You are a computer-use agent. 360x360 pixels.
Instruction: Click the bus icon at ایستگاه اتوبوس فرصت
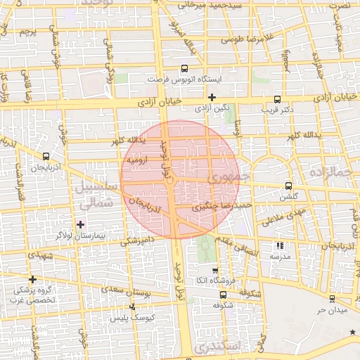coord(185,69)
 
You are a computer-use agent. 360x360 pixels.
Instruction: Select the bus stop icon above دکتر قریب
coord(277,99)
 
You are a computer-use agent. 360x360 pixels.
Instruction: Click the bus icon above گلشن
coord(288,186)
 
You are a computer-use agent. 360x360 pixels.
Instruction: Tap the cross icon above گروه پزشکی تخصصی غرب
coord(32,279)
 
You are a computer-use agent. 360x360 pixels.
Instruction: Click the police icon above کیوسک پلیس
coord(132,307)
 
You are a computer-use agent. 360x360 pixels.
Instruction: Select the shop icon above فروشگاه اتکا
coord(215,271)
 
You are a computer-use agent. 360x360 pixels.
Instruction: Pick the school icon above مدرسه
coord(280,246)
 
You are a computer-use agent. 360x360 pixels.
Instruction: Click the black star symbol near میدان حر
coord(352,330)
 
